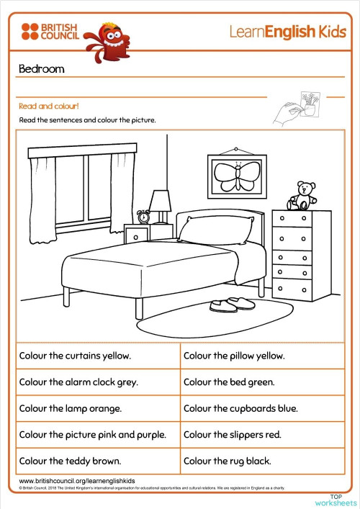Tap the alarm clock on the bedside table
pyautogui.click(x=144, y=216)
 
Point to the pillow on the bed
pyautogui.click(x=215, y=230)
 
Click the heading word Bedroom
pyautogui.click(x=42, y=69)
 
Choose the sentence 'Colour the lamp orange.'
pyautogui.click(x=71, y=408)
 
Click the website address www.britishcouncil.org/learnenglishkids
pyautogui.click(x=77, y=480)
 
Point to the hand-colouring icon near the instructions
pyautogui.click(x=297, y=109)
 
